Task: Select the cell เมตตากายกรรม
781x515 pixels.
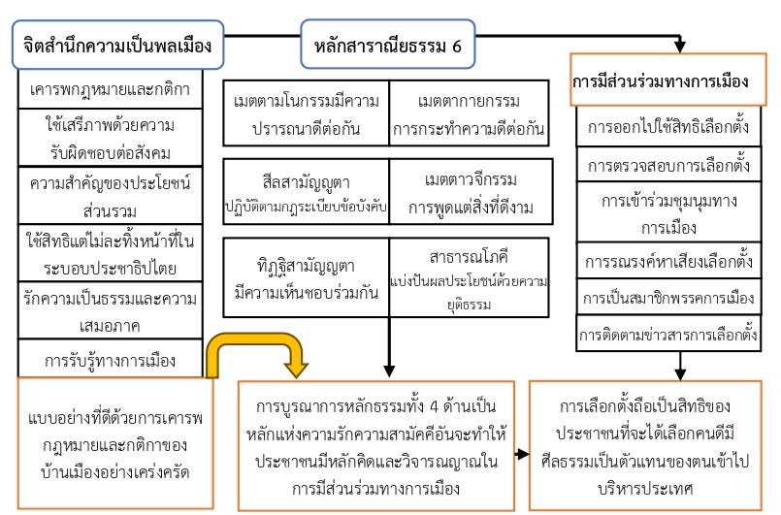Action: pyautogui.click(x=467, y=114)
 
